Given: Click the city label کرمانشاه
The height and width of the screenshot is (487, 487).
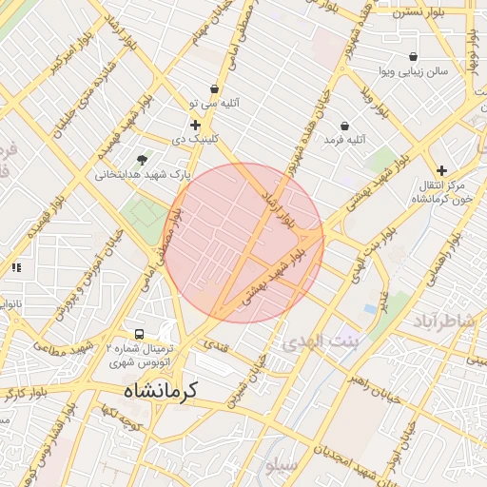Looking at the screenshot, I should [x=159, y=391].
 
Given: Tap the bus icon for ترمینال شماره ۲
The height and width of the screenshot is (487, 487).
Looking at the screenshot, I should [x=140, y=335].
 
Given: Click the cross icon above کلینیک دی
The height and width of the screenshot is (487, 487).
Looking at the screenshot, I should [x=195, y=125].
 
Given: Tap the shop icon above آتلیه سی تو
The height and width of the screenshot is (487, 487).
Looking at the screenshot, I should [x=215, y=88].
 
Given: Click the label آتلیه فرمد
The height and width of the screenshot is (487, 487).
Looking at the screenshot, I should [x=344, y=140].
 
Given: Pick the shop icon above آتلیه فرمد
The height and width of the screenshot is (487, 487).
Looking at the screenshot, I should [x=344, y=126].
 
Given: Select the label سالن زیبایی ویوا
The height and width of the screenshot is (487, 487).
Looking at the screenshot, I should [x=413, y=71].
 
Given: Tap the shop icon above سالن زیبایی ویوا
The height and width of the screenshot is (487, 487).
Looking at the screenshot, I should [x=413, y=57].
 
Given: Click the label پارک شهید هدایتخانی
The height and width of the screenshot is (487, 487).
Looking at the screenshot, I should [x=143, y=175].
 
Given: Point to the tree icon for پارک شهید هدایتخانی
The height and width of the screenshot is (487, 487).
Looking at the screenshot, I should [x=143, y=159].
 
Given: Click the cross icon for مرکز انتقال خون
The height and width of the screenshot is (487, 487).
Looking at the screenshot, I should [x=441, y=170].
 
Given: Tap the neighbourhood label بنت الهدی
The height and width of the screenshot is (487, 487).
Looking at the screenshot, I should [x=319, y=341].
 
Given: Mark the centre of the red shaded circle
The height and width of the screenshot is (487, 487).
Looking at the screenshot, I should [x=245, y=243].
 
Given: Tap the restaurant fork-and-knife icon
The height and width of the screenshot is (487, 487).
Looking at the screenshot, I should [x=15, y=268].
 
